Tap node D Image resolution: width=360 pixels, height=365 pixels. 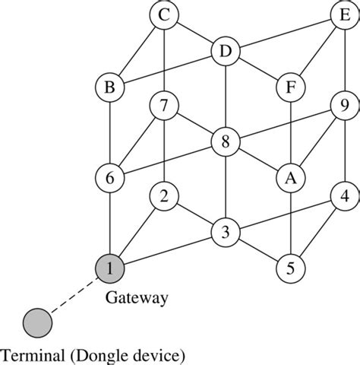tap(226, 52)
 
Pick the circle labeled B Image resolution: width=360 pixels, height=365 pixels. tap(110, 87)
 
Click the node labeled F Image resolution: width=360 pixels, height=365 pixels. tap(289, 87)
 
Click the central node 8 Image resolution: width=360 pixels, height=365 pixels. tap(226, 141)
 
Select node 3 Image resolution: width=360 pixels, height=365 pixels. tap(226, 231)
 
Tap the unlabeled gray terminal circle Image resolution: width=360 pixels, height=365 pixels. tap(37, 322)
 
